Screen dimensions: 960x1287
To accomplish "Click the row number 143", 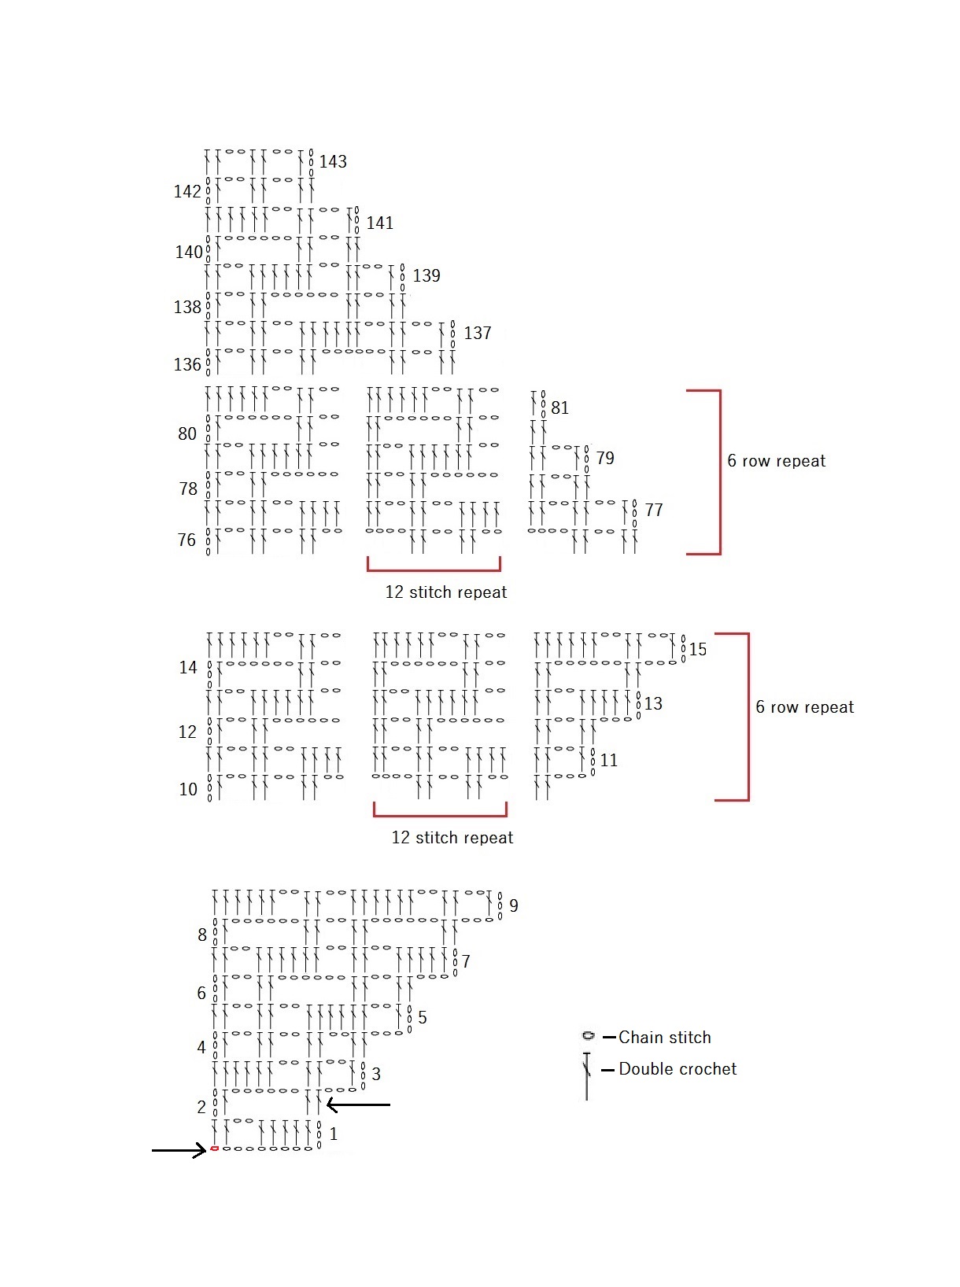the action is click(333, 161).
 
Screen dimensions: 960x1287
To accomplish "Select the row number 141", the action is click(379, 223).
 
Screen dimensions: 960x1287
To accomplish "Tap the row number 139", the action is click(426, 275).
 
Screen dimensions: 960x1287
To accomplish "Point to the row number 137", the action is click(478, 333).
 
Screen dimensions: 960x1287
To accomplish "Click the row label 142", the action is click(187, 191).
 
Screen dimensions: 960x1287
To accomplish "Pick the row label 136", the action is click(187, 365).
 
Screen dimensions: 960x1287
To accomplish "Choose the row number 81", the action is click(560, 407).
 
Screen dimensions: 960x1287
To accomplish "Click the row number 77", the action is click(654, 510).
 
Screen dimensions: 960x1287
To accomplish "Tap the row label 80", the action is click(187, 434).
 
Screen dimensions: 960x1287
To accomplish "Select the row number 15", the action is click(698, 650).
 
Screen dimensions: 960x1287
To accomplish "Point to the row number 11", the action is click(609, 761).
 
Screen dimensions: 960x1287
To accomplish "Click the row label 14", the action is click(187, 667).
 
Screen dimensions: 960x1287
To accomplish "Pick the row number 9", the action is click(514, 906).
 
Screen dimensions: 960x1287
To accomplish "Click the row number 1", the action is click(333, 1134).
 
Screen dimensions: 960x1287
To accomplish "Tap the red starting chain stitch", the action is click(215, 1148).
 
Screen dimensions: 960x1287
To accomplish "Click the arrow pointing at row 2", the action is click(358, 1104).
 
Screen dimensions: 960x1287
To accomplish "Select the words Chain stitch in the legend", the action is click(664, 1037).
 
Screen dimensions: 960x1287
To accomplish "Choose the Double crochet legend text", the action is click(678, 1069).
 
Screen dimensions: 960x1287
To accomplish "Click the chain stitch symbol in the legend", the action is click(589, 1035).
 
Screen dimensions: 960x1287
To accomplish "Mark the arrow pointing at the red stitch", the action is click(179, 1150).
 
